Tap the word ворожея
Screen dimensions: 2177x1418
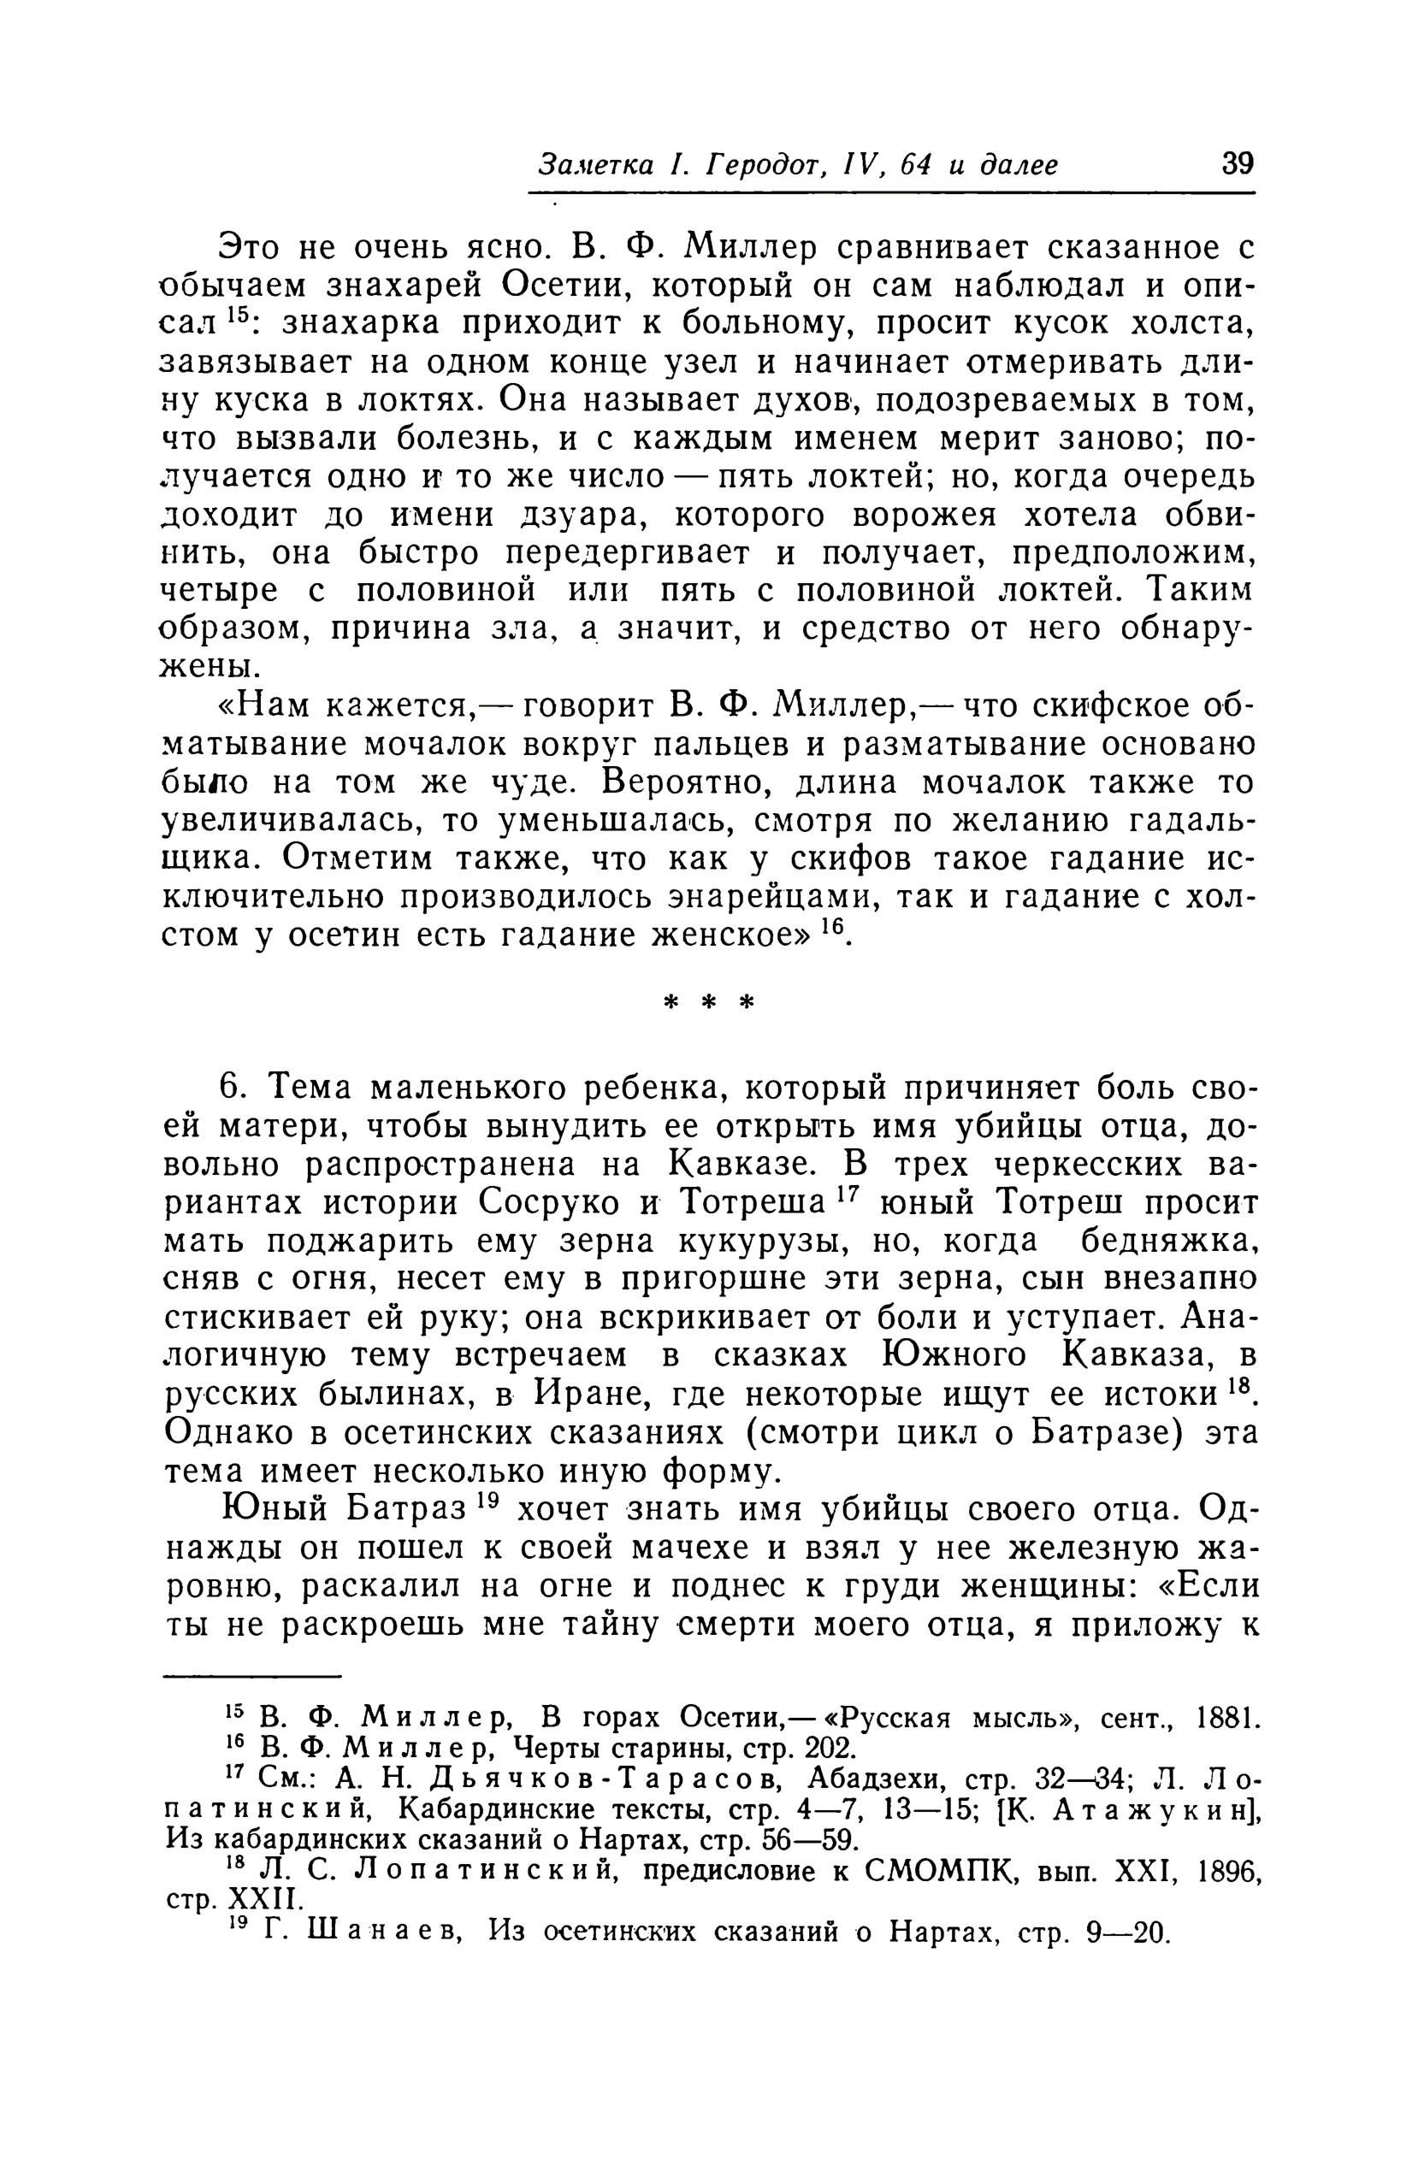coord(923,515)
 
